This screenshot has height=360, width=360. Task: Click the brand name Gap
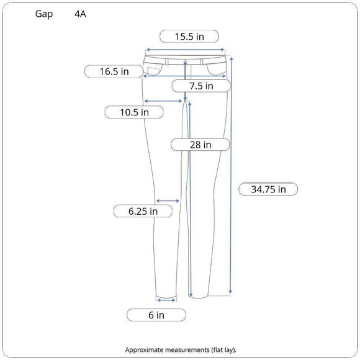pos(44,14)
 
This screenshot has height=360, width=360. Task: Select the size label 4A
pos(80,14)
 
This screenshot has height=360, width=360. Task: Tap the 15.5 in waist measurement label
pos(189,37)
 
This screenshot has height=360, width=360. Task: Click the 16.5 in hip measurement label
pos(114,71)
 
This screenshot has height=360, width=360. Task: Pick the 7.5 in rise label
pos(201,86)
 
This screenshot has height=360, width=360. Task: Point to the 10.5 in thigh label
pos(134,112)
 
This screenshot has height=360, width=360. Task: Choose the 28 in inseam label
pos(200,145)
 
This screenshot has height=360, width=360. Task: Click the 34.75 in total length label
pos(268,189)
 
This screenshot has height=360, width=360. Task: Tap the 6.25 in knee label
pos(143,211)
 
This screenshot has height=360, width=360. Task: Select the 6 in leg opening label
pos(156,315)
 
